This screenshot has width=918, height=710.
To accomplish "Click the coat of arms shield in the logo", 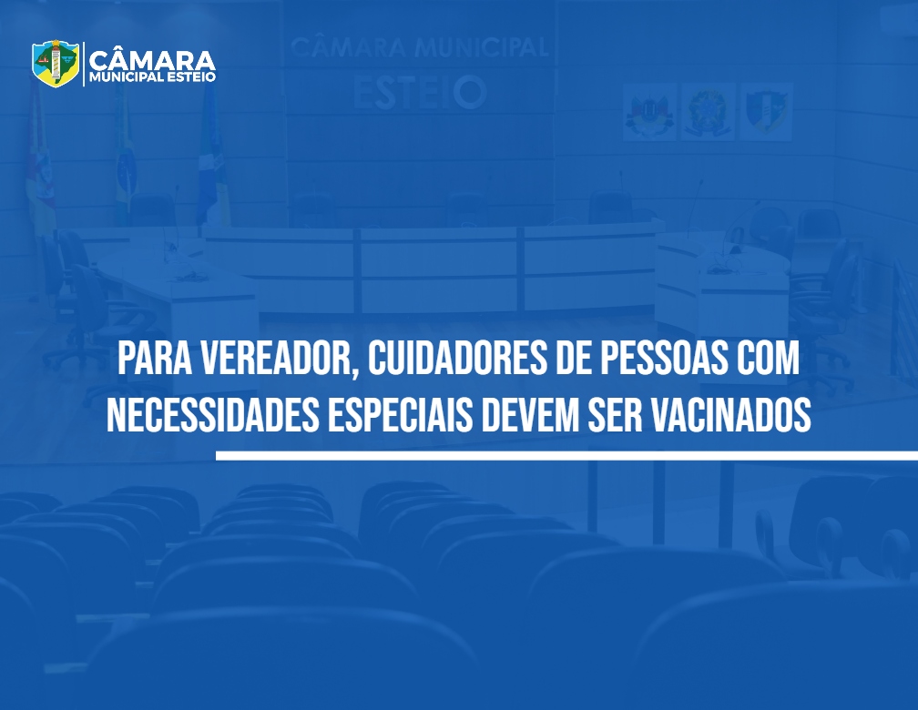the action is point(56,63).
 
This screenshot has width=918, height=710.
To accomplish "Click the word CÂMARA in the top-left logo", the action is point(152,60).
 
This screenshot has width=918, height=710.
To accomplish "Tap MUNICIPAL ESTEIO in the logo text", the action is point(152,77).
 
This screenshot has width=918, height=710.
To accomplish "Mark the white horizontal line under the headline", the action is point(566,455).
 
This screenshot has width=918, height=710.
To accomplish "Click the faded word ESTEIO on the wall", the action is point(420,93).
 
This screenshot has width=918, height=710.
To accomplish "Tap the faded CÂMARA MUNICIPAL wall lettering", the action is point(420,47).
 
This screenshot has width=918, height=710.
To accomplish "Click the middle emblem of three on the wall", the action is point(708,111).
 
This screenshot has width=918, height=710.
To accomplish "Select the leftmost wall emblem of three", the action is point(649,111).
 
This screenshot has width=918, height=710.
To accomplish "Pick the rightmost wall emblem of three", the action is point(767,111).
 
